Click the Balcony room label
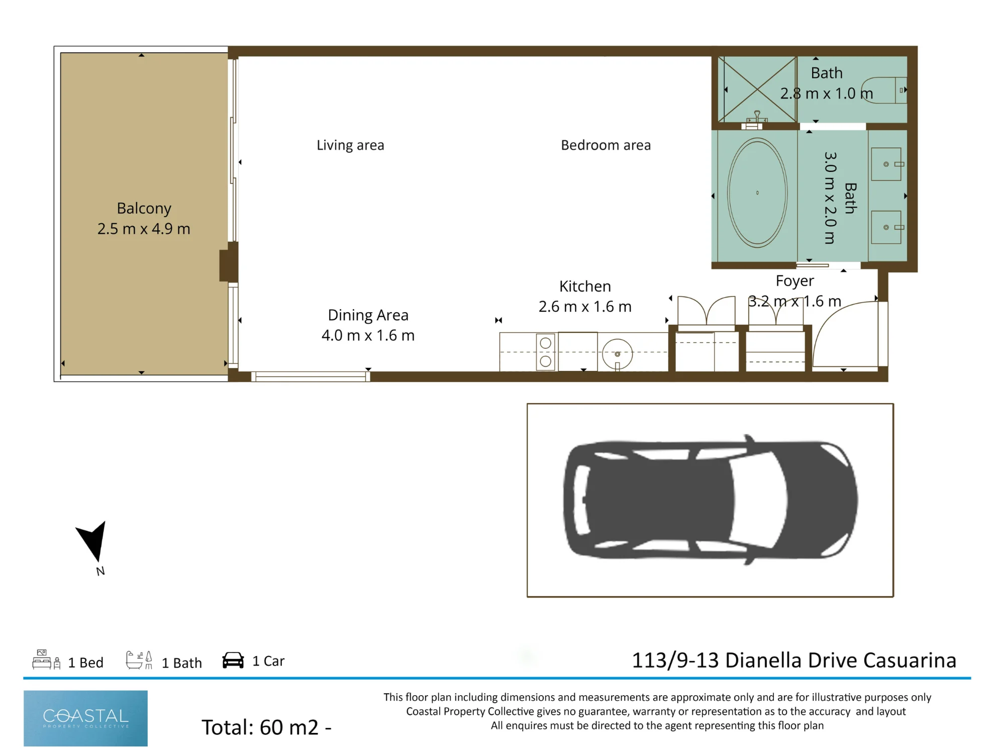[144, 208]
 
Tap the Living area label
[350, 145]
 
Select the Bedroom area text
[606, 145]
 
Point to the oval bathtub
[757, 193]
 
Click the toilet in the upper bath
[884, 90]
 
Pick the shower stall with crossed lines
[757, 89]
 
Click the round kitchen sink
[618, 354]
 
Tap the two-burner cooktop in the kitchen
[545, 352]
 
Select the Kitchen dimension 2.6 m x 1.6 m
[585, 307]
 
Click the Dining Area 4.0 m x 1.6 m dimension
[368, 335]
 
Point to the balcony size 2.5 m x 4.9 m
[144, 229]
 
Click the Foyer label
[794, 281]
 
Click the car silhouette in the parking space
[711, 500]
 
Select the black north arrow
[92, 541]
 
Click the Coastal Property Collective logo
[85, 718]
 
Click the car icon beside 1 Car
[233, 660]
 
